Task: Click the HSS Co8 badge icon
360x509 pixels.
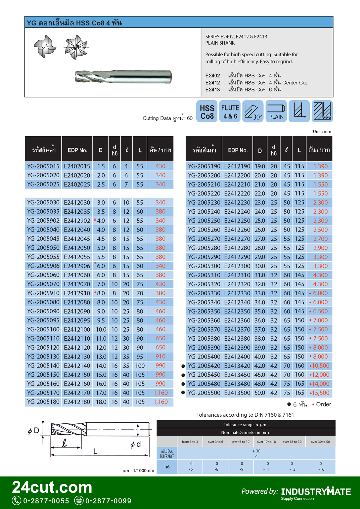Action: [207, 111]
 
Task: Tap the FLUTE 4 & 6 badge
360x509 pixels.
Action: [230, 111]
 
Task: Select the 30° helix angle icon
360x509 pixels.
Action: [253, 111]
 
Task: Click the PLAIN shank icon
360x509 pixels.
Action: [276, 111]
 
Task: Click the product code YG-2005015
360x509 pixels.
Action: [43, 166]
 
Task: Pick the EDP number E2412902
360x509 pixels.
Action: [77, 221]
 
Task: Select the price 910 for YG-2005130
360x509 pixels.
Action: [160, 357]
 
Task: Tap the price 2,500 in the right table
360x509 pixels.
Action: [320, 230]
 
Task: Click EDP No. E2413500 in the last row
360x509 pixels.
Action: [237, 393]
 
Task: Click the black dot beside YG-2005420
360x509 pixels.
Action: [183, 366]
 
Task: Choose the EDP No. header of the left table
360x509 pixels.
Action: [77, 150]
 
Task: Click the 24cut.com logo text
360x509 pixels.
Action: [52, 487]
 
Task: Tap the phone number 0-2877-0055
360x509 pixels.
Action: [46, 501]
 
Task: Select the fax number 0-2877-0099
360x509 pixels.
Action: [108, 501]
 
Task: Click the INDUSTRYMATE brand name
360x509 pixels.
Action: [316, 491]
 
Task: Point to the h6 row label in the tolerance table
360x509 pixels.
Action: [167, 467]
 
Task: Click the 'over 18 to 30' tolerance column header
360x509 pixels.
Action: [292, 442]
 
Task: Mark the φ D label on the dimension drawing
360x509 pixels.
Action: [34, 431]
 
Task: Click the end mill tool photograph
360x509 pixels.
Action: [123, 77]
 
